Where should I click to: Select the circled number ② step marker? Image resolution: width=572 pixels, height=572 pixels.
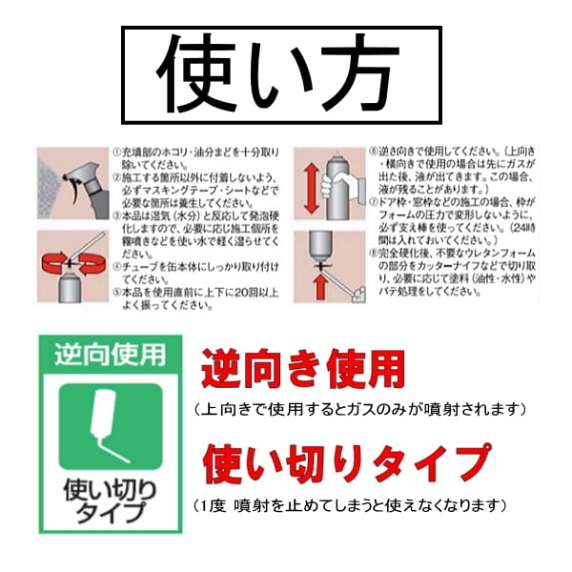[116, 177]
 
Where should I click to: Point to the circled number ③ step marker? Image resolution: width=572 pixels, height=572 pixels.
[116, 216]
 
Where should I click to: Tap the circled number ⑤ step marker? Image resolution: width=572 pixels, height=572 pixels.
[116, 293]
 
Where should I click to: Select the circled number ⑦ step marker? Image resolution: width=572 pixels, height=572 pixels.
[375, 203]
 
